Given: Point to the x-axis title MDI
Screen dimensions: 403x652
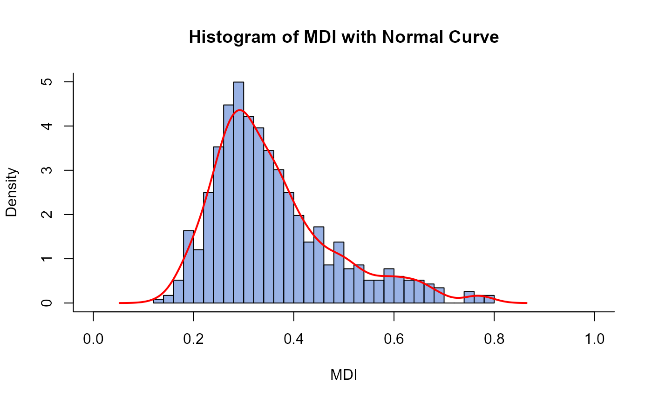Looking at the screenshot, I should [344, 375].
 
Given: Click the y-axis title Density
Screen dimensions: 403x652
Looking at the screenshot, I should [13, 192].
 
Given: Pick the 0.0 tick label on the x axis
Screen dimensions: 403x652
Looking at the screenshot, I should [94, 340].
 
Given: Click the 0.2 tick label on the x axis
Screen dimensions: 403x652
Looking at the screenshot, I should [194, 340].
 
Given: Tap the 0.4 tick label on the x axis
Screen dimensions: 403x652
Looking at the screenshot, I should [294, 340].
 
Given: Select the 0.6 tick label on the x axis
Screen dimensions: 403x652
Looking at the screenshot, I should [394, 340].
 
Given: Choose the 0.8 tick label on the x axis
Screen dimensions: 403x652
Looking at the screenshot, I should [494, 340].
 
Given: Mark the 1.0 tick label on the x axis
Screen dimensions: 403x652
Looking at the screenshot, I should [594, 340].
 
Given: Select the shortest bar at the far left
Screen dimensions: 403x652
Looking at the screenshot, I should [158, 301].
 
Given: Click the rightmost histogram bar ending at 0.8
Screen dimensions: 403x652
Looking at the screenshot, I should [489, 299].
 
